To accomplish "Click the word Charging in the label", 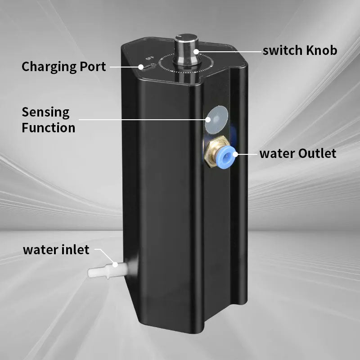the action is [49, 67].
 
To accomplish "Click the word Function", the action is [49, 128].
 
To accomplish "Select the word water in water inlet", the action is [42, 250].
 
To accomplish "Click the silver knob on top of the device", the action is [186, 51].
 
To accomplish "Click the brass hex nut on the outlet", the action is [213, 151].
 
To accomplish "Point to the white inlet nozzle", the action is [108, 270].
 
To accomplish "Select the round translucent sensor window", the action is [216, 119].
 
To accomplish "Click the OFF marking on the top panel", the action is [149, 58].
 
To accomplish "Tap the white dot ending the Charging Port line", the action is [141, 67].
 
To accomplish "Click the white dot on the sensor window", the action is [208, 119].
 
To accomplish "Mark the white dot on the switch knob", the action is [196, 52].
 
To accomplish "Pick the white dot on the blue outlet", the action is [235, 154].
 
